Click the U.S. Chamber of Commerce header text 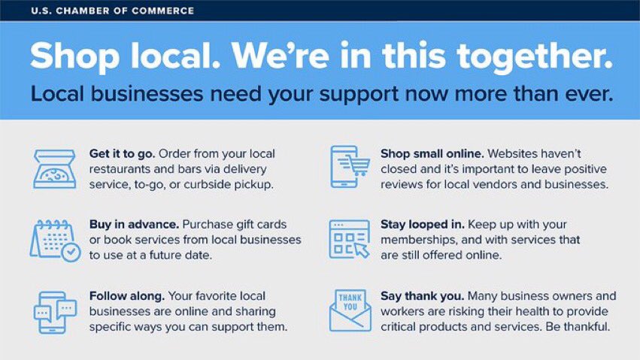pyautogui.click(x=113, y=11)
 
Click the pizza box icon pyautogui.click(x=54, y=168)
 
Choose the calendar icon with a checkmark pyautogui.click(x=54, y=241)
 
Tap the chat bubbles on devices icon pyautogui.click(x=55, y=312)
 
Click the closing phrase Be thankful pyautogui.click(x=575, y=328)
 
